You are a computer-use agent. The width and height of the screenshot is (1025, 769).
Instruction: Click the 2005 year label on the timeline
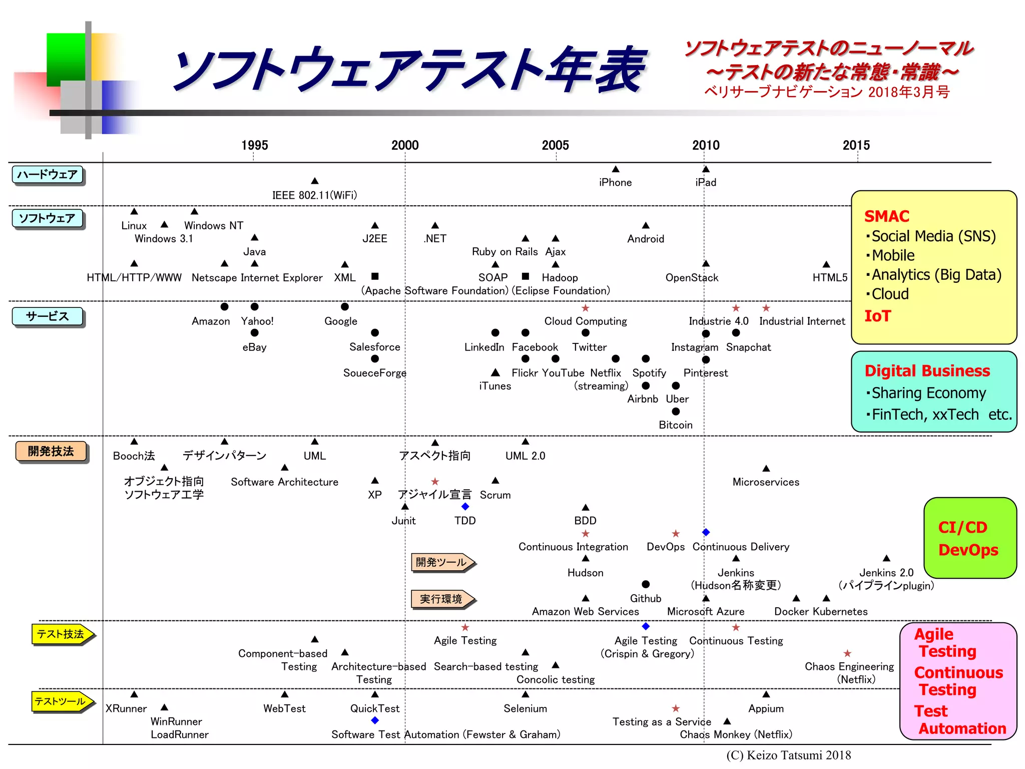[x=555, y=145]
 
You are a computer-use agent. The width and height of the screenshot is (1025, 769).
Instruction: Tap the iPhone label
[x=615, y=183]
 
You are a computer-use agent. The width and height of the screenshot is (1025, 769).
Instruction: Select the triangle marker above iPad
[x=706, y=169]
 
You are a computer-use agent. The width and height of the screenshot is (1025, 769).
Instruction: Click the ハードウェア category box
[x=48, y=175]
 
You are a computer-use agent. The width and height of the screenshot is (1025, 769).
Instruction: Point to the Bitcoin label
[x=675, y=425]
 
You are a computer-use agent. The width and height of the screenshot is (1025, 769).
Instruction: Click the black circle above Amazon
[x=224, y=306]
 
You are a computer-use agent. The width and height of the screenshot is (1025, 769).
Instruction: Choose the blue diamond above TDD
[x=465, y=507]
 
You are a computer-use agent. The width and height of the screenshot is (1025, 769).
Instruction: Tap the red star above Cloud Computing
[x=585, y=308]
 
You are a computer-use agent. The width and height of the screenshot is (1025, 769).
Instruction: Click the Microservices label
[x=766, y=482]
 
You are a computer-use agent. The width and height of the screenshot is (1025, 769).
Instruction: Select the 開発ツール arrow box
[x=441, y=562]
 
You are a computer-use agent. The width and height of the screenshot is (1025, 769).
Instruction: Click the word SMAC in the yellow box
[x=886, y=216]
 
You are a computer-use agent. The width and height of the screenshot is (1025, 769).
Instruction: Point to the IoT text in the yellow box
[x=877, y=316]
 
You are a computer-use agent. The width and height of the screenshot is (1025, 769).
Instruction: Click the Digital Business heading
[x=927, y=371]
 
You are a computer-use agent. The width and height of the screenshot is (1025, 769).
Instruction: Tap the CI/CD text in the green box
[x=962, y=527]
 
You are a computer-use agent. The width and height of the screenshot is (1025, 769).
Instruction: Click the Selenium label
[x=525, y=708]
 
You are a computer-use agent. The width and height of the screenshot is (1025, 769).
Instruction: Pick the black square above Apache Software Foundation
[x=375, y=276]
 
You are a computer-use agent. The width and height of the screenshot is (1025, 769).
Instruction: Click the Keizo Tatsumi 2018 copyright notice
[x=788, y=755]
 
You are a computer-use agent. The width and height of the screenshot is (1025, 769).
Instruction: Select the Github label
[x=645, y=599]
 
